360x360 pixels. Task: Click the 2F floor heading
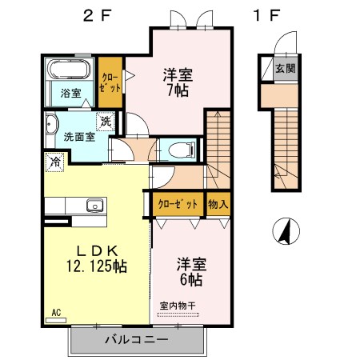click(x=98, y=14)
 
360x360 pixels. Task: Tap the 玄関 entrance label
click(x=285, y=68)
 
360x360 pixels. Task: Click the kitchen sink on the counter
click(x=94, y=205)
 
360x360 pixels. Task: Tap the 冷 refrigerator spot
click(x=55, y=162)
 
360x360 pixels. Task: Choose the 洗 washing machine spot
click(x=106, y=122)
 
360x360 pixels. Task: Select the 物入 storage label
click(x=218, y=204)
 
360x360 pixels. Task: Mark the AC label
click(x=56, y=313)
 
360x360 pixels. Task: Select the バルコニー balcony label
click(x=137, y=341)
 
